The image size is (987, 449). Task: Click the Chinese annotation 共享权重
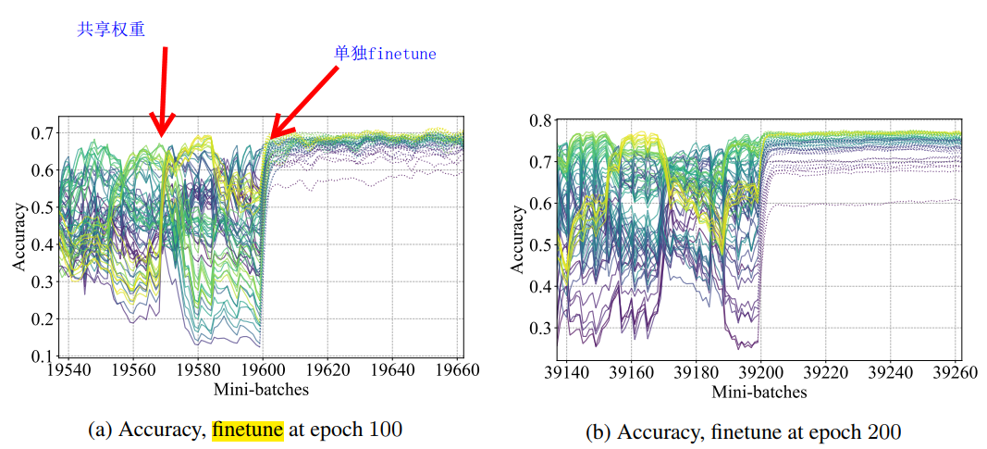110,30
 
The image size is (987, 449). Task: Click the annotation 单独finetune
385,54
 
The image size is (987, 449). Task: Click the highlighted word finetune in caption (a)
247,430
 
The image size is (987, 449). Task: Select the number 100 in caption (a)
387,430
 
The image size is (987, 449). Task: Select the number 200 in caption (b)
884,431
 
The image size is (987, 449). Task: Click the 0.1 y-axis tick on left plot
41,356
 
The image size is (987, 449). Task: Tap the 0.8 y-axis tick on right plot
539,120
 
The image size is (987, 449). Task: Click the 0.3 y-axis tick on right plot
539,329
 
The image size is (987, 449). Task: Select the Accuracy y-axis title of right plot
518,242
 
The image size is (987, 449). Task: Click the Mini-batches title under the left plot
261,389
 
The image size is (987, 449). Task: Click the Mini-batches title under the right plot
759,392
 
